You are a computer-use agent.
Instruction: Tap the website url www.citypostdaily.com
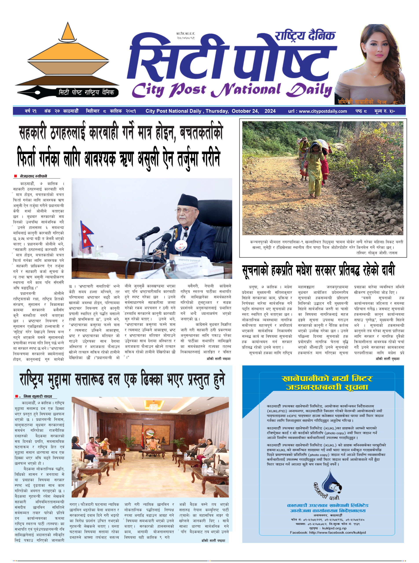[317, 111]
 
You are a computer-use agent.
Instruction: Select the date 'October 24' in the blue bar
[245, 111]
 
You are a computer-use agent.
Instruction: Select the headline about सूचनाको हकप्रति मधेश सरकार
[318, 271]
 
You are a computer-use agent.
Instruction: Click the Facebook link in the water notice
[327, 532]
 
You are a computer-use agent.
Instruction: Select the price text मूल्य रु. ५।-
[384, 111]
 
